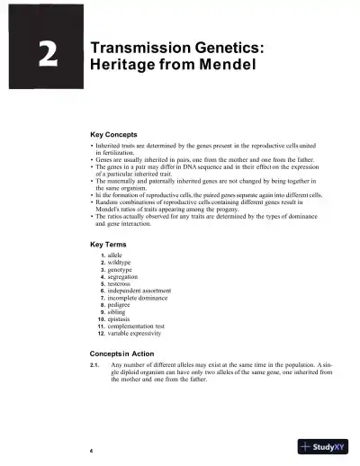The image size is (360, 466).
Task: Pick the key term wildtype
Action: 124,263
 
